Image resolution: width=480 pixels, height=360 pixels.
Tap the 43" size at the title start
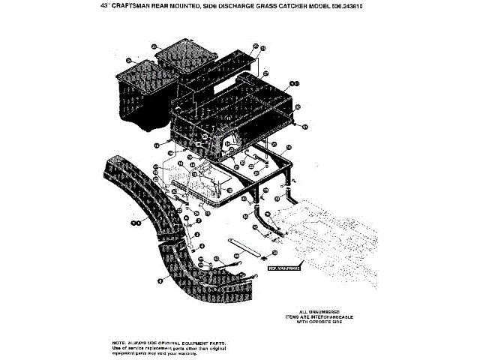[105, 5]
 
